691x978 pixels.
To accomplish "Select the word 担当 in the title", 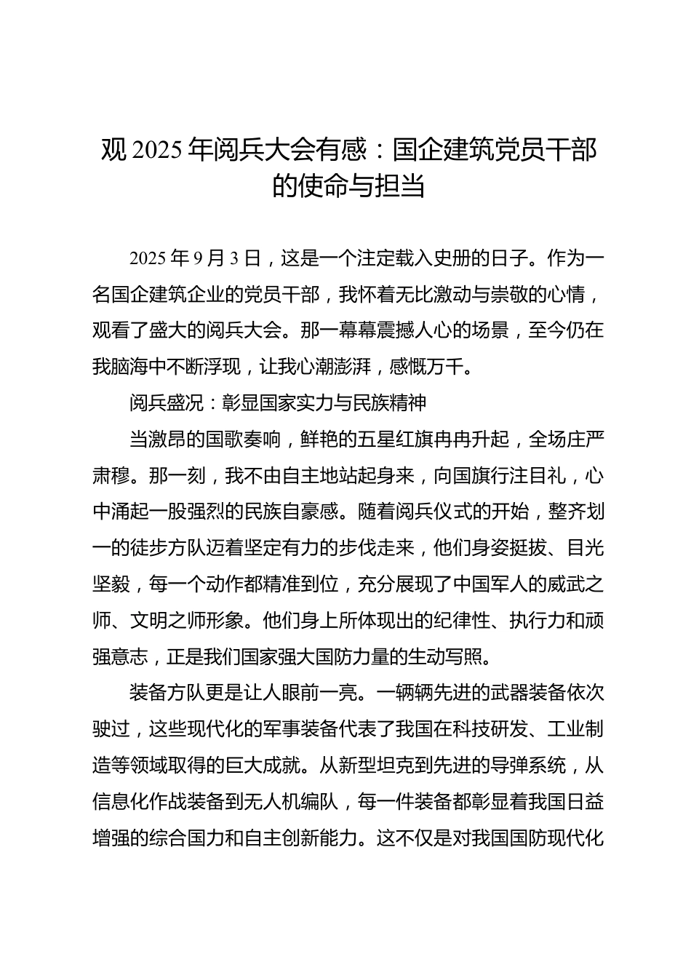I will [399, 187].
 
